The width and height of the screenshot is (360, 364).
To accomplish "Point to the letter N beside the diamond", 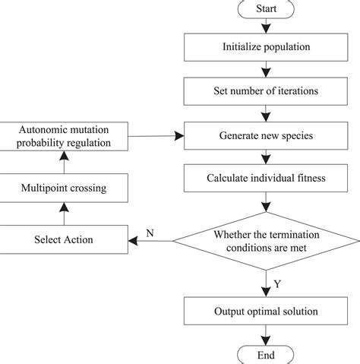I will [x=149, y=233].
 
